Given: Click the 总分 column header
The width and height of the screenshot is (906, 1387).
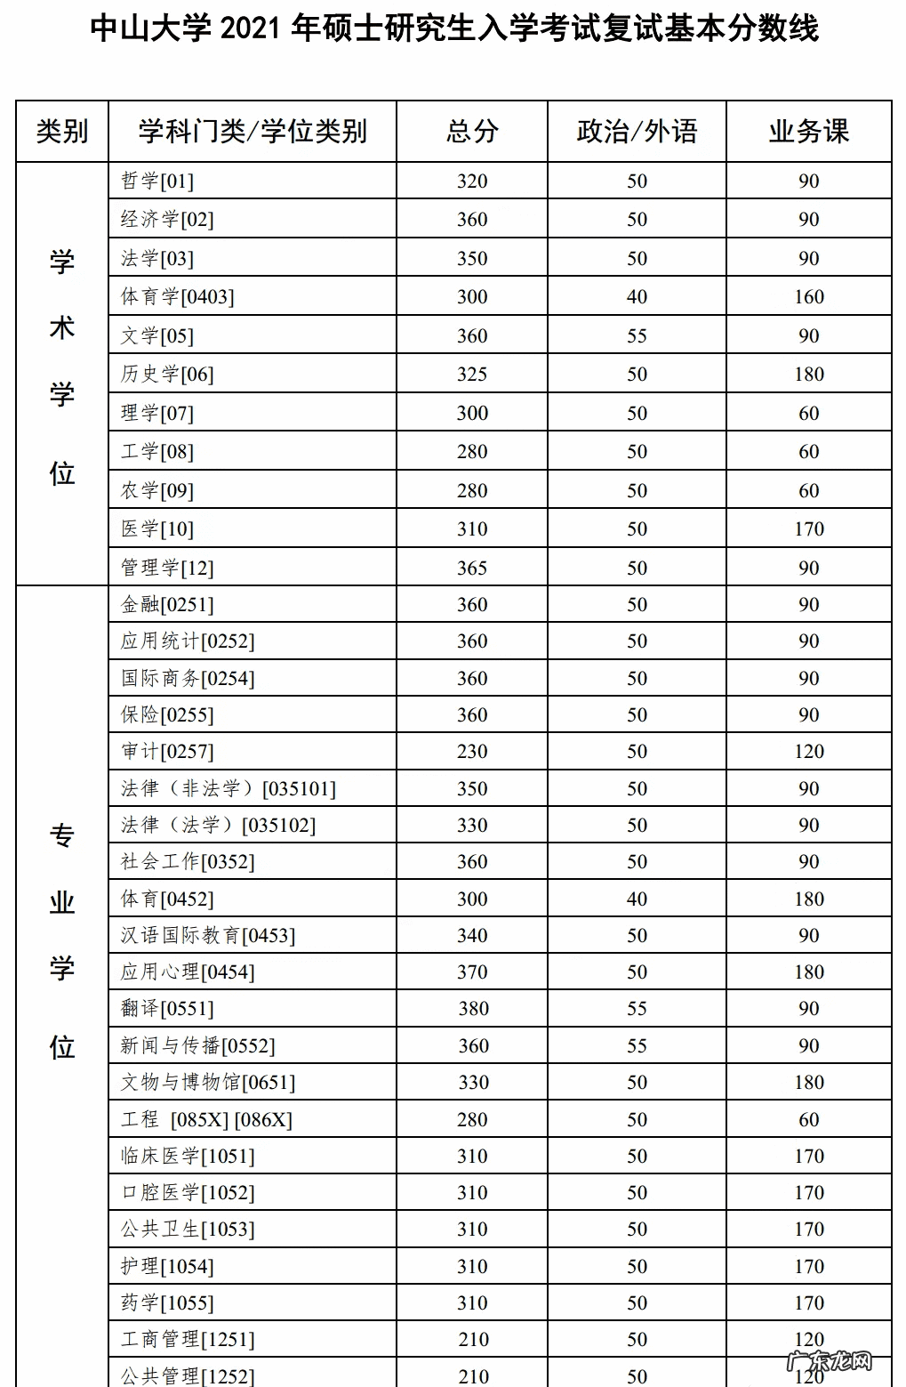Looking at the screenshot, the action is click(472, 132).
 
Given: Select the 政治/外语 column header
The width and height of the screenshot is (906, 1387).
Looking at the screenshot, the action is click(637, 132).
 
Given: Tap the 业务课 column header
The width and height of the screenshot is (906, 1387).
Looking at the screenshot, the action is click(808, 132).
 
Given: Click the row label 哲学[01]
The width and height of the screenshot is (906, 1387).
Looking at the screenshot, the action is click(157, 181).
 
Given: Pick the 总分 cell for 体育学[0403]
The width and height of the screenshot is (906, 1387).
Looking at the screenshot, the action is click(472, 297).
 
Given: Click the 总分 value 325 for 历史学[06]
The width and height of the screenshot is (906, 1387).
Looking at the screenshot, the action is click(472, 375).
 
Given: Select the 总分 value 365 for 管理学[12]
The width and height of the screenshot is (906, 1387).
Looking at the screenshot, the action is click(472, 568).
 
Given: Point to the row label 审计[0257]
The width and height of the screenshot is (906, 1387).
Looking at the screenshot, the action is click(167, 752).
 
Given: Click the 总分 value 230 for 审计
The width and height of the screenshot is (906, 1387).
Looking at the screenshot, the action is click(472, 752).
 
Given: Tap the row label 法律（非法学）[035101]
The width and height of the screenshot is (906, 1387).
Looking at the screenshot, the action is click(229, 789).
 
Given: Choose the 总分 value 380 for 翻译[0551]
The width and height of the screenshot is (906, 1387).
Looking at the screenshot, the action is click(473, 1009).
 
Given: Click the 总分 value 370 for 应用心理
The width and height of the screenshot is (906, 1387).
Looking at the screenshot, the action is click(472, 972).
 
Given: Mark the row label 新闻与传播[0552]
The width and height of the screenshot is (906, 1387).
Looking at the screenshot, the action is click(197, 1046).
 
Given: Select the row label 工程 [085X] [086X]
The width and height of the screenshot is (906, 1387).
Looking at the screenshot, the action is click(206, 1119).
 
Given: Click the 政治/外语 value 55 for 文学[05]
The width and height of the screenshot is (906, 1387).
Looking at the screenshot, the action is click(637, 336).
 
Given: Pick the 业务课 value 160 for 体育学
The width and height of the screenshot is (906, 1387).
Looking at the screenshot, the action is click(809, 297).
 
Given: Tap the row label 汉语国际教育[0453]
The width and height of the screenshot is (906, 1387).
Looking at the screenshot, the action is click(208, 936).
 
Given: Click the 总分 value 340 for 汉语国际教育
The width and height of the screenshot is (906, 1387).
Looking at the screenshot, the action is click(472, 936).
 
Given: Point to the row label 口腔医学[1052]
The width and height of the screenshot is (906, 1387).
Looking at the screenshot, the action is click(188, 1193).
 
